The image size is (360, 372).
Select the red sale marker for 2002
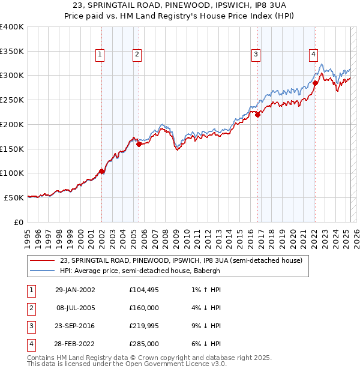[x=102, y=171]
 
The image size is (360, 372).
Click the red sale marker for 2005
[x=139, y=144]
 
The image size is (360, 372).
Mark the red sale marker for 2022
[x=315, y=83]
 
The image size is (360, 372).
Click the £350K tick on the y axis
[x=12, y=52]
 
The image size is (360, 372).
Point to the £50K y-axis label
[x=14, y=197]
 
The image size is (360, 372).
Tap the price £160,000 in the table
[x=144, y=308]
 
